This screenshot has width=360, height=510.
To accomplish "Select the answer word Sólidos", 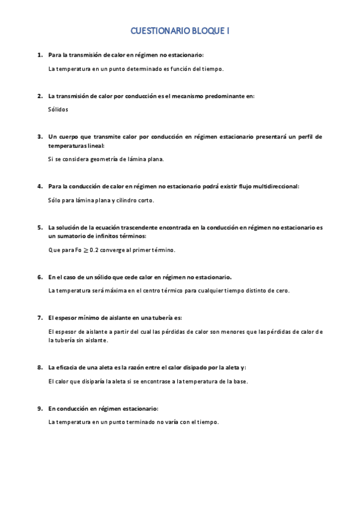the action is pos(58,109).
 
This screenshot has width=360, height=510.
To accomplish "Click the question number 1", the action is pos(40,55).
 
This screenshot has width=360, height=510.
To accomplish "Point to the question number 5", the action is pos(40,227).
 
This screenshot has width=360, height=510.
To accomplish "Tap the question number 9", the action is pos(40,408).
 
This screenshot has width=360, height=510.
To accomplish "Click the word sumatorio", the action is pos(73,236).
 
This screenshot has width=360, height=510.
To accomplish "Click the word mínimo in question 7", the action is pos(86,317).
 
